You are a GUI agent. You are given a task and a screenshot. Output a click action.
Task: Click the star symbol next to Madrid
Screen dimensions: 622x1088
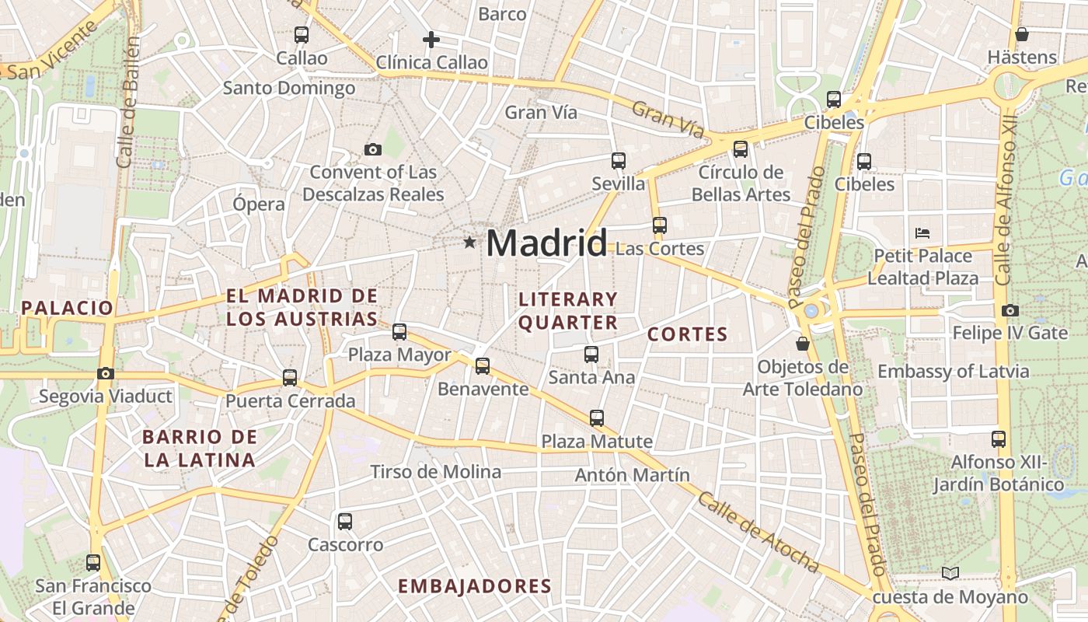[x=469, y=243]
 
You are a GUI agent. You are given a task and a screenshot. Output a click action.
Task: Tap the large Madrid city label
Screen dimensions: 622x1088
[x=546, y=243]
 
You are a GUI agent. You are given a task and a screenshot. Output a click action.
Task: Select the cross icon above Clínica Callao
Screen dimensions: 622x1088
[x=431, y=40]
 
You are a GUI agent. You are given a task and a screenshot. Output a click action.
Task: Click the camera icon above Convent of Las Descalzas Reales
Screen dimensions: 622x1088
[x=373, y=149]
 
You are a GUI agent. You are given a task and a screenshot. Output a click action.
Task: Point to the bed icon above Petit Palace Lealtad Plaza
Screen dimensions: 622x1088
[x=922, y=232]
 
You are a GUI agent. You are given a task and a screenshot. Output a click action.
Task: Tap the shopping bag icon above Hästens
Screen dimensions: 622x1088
[x=1022, y=34]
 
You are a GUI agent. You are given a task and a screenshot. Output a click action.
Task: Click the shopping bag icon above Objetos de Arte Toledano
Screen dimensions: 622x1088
[x=803, y=343]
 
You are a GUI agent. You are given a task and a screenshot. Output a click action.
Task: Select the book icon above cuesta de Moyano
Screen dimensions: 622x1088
[x=950, y=573]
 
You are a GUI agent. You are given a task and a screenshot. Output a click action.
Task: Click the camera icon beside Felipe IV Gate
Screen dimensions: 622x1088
[x=1010, y=311]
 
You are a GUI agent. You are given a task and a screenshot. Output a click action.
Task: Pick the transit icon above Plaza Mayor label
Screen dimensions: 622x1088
[x=399, y=332]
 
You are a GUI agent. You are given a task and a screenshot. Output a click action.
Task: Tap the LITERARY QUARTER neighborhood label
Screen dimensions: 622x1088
[x=568, y=310]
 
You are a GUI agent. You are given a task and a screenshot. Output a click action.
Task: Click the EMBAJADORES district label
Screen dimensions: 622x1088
[x=475, y=586]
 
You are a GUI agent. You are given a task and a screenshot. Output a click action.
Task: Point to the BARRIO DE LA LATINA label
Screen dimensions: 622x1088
[x=199, y=448]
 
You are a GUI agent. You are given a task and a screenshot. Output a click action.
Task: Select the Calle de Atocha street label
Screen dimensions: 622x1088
[x=758, y=533]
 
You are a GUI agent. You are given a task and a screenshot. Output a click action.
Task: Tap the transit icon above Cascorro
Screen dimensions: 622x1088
[x=345, y=522]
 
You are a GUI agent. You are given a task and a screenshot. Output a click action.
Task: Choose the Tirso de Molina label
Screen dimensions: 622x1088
[x=435, y=472]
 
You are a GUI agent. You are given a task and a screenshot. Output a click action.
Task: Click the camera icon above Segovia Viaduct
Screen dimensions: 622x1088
[x=106, y=374]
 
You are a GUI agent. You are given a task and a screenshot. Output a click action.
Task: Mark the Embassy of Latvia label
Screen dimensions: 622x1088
[x=953, y=372]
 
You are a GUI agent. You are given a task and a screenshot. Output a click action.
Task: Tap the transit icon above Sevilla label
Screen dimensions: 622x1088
[x=619, y=161]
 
